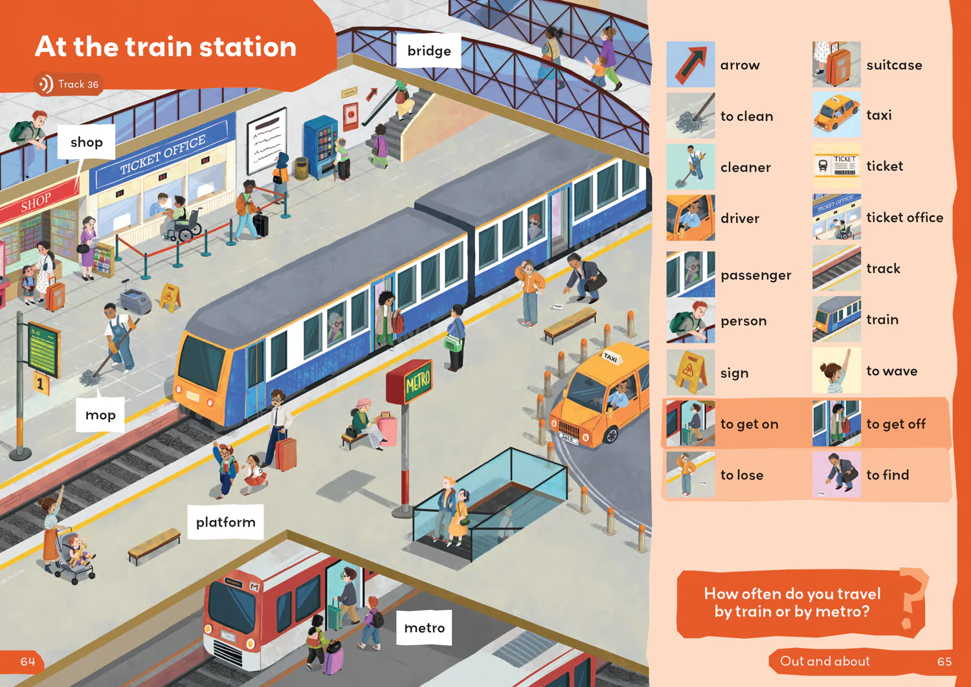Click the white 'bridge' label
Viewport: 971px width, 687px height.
coord(429,50)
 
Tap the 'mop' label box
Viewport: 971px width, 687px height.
coord(100,415)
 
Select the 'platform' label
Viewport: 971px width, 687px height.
coord(225,522)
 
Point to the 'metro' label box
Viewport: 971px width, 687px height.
coord(424,627)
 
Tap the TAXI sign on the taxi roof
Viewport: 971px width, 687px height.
coord(611,357)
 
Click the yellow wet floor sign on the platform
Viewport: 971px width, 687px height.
coord(170,297)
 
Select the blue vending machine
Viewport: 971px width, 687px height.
coord(321,146)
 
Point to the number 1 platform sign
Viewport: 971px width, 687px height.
coord(41,384)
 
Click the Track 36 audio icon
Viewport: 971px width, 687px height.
coord(45,83)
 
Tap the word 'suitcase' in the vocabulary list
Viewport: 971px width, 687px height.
coord(894,65)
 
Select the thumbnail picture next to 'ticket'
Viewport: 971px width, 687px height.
coord(836,166)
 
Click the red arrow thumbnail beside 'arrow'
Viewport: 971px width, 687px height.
coord(691,65)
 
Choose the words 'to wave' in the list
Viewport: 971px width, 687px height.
coord(891,371)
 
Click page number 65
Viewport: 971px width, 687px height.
coord(944,661)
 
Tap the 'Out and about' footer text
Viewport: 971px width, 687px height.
coord(825,661)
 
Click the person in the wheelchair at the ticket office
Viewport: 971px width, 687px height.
coord(181,219)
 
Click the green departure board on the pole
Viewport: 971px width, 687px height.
coord(43,349)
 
